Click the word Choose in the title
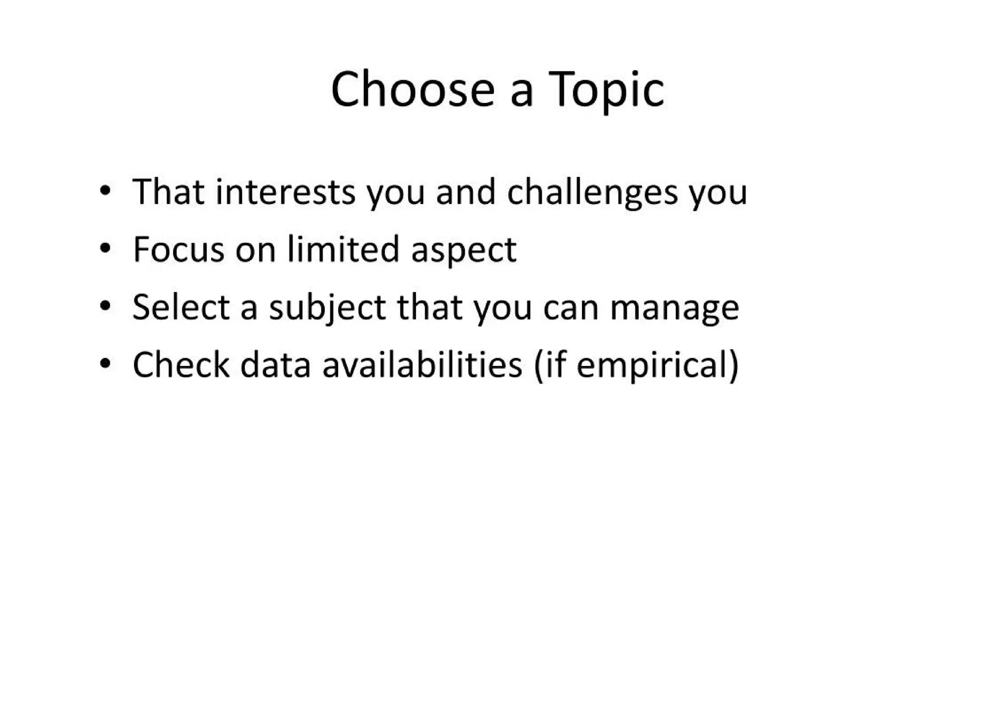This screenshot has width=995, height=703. (412, 90)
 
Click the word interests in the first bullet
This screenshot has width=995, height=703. (286, 192)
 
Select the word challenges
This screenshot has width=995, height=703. (592, 192)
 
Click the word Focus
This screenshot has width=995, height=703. (179, 250)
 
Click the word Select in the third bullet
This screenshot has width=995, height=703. (181, 307)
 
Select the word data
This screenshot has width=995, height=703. (275, 364)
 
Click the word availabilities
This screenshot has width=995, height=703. (422, 364)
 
